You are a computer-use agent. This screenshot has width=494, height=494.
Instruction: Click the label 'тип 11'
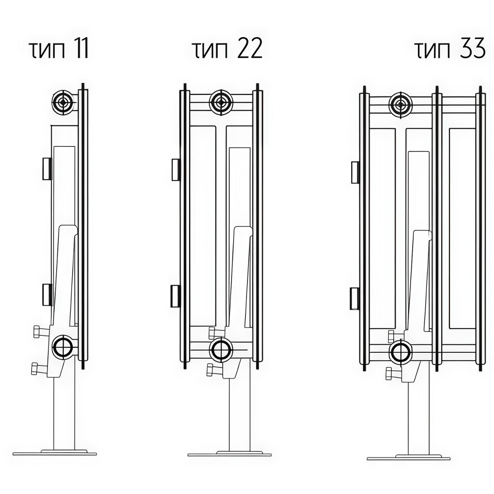[59, 49]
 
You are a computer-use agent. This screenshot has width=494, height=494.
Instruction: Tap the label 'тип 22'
[227, 49]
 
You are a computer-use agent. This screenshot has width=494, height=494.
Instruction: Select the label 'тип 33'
[450, 49]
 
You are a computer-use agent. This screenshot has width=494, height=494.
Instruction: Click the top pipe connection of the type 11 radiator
[64, 102]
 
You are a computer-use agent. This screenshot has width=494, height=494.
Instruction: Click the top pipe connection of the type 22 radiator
[221, 102]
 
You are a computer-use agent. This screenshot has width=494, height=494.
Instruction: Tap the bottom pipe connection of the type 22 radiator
[221, 350]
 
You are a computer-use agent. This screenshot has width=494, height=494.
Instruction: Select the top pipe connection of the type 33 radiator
[401, 104]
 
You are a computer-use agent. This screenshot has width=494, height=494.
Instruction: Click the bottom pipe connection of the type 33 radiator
[401, 353]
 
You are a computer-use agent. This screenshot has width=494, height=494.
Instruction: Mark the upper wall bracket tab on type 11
[47, 168]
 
